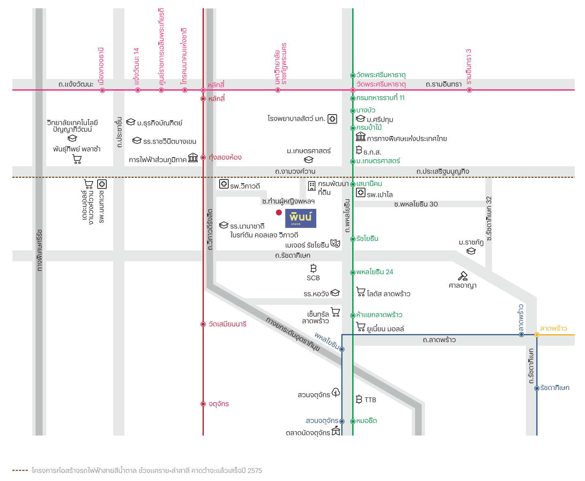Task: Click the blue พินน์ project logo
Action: [x=301, y=218]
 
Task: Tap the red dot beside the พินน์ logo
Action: [x=279, y=213]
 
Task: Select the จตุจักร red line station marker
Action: [x=203, y=404]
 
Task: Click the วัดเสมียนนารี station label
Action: [x=227, y=324]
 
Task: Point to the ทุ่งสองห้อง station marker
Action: [x=203, y=158]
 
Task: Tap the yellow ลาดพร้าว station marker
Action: [x=537, y=335]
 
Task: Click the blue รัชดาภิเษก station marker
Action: [x=537, y=388]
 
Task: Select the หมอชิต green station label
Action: [x=366, y=421]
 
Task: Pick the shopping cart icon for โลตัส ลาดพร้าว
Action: [x=361, y=292]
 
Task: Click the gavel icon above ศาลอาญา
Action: [x=463, y=276]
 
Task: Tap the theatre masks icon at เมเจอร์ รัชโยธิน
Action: [x=335, y=244]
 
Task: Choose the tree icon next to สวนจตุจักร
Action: [x=336, y=392]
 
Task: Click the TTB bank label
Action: [x=370, y=400]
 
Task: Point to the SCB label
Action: [x=313, y=278]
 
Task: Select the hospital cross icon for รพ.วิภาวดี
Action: [x=224, y=184]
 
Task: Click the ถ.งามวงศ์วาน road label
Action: [x=295, y=171]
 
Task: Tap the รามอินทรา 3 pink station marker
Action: [x=469, y=90]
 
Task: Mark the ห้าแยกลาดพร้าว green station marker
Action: [x=353, y=315]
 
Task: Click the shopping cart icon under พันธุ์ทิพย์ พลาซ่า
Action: [x=77, y=159]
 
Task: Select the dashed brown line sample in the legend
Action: [x=20, y=470]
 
